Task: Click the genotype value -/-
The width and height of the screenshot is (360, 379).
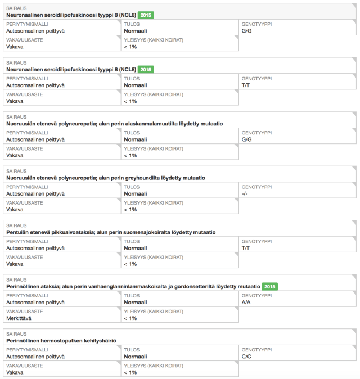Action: pyautogui.click(x=245, y=193)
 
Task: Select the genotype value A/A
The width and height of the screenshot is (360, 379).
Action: pyautogui.click(x=246, y=302)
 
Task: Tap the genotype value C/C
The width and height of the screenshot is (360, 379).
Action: pyautogui.click(x=246, y=357)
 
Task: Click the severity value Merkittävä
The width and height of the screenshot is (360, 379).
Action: pyautogui.click(x=19, y=318)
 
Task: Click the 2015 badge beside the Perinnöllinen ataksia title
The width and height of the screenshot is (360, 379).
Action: pyautogui.click(x=271, y=286)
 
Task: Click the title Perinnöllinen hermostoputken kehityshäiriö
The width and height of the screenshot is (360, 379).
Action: pyautogui.click(x=61, y=341)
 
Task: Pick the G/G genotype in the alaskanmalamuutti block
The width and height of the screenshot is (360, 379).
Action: pyautogui.click(x=246, y=139)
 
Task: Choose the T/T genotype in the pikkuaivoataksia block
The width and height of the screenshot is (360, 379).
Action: pyautogui.click(x=245, y=248)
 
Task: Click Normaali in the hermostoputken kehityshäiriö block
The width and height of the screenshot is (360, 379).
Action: pyautogui.click(x=135, y=357)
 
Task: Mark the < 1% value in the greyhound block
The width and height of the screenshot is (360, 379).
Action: pyautogui.click(x=130, y=210)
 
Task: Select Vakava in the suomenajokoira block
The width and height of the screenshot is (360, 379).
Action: pyautogui.click(x=15, y=264)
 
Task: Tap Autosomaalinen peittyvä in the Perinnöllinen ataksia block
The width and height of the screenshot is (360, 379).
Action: pyautogui.click(x=35, y=302)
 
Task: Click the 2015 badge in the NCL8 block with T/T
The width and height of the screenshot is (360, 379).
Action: pyautogui.click(x=146, y=69)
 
